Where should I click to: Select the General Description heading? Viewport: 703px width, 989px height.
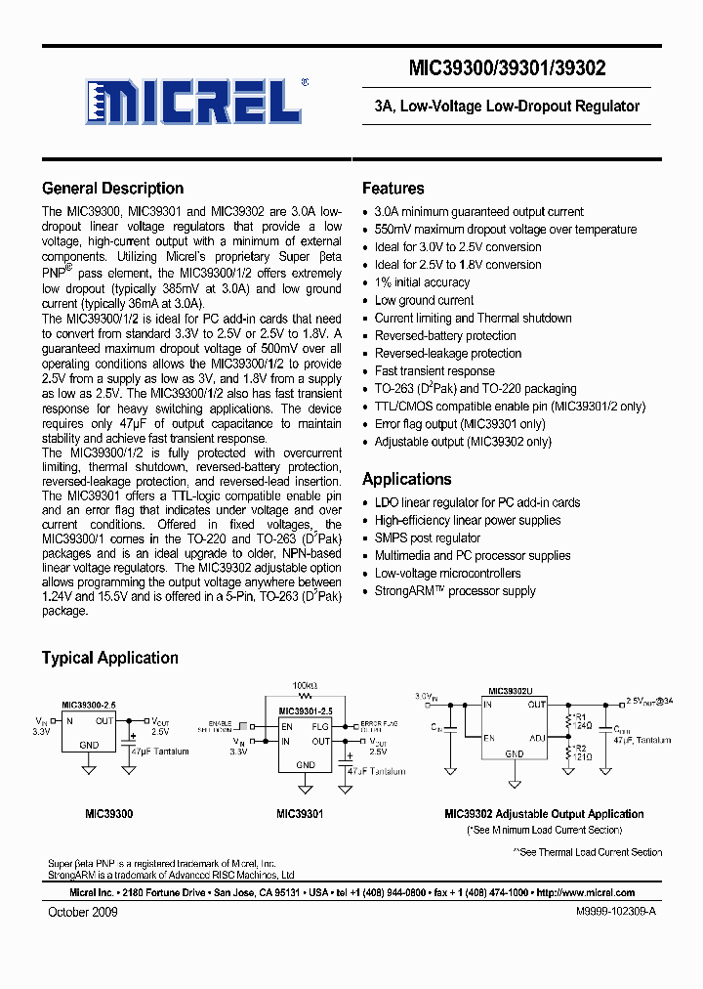112,189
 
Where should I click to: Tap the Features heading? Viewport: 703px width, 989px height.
393,189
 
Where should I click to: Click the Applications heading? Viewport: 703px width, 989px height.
406,479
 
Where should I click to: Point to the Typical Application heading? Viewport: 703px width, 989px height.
109,658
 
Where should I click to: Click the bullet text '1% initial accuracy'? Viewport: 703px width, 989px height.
422,282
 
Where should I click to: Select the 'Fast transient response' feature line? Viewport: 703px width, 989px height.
434,371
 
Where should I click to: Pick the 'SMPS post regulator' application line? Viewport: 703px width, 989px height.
428,537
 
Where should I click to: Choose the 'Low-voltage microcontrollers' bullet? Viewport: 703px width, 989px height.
447,574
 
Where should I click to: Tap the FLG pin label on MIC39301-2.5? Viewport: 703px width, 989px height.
320,727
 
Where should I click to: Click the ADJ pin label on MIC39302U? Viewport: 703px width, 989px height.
538,738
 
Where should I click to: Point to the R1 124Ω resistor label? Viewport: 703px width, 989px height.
582,724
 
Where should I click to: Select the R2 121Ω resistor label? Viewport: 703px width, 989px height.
582,752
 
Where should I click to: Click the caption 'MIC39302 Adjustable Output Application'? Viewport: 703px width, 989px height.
544,814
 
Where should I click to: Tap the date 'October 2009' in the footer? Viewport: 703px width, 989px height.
83,912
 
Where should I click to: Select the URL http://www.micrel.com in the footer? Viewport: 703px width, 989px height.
586,892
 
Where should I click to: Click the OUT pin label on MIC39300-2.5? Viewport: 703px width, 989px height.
104,721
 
